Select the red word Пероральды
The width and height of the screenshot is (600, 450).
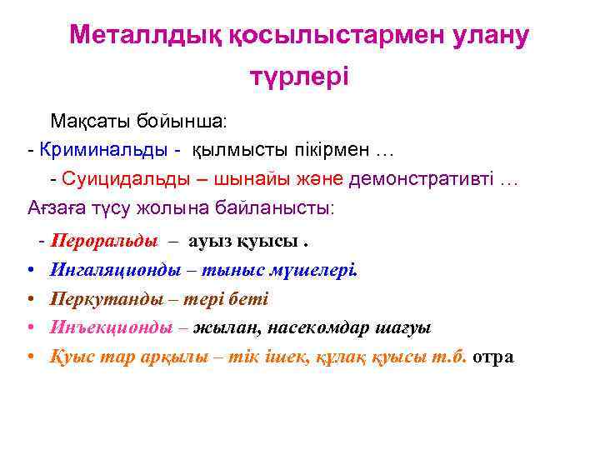point(103,242)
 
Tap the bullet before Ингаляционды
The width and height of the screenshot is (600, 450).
point(30,271)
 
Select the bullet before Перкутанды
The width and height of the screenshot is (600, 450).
point(30,299)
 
